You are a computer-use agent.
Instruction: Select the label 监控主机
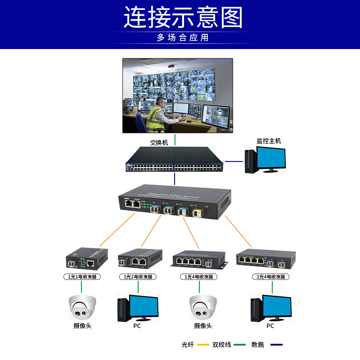click(269, 141)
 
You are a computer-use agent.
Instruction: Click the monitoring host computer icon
click(265, 160)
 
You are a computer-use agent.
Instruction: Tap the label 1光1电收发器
click(81, 277)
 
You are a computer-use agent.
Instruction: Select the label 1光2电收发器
click(137, 277)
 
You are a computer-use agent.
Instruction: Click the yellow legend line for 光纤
click(203, 345)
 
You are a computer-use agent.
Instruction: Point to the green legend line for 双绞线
click(239, 345)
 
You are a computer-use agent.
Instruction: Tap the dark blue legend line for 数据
click(276, 345)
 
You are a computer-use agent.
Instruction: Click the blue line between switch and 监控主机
click(234, 161)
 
